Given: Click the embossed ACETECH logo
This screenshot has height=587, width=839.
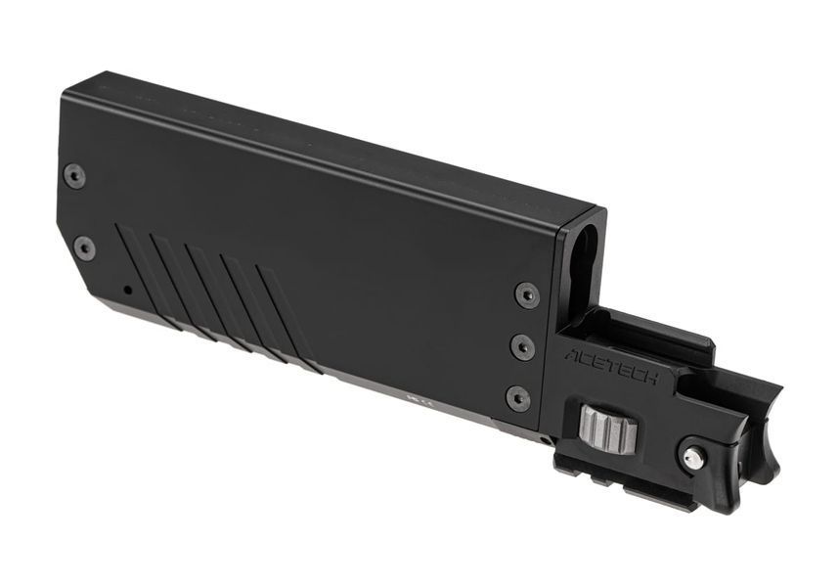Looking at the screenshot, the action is [612, 367].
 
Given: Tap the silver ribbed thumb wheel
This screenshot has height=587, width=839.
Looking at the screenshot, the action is [608, 427].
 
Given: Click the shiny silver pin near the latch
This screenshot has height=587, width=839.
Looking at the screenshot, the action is [694, 456].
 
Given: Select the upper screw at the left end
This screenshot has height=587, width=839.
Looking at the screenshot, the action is [74, 176].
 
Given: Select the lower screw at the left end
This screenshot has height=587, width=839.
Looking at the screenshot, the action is [84, 248].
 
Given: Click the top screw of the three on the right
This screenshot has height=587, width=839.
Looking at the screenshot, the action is [527, 294].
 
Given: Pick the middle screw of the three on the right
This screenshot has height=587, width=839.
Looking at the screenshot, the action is [522, 347].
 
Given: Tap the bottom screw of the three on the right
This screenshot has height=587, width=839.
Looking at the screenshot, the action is [518, 398].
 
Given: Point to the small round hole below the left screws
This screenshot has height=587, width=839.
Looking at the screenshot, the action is [127, 291].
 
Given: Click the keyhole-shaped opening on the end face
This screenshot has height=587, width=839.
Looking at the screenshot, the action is [588, 262].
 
